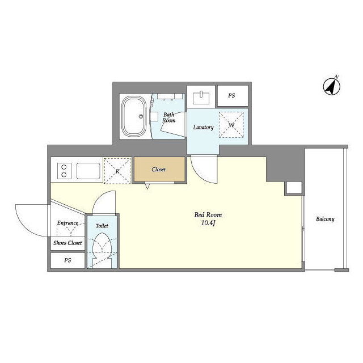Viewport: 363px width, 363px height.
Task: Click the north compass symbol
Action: pyautogui.click(x=331, y=86)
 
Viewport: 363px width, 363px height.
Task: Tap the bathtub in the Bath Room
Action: pyautogui.click(x=134, y=116)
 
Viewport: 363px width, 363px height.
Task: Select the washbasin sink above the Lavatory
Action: pyautogui.click(x=201, y=98)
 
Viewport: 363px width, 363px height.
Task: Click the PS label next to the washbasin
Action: pyautogui.click(x=231, y=95)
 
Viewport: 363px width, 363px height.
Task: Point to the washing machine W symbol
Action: pyautogui.click(x=231, y=125)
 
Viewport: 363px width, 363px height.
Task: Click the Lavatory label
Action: pyautogui.click(x=203, y=127)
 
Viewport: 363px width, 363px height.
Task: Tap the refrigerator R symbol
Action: pyautogui.click(x=117, y=171)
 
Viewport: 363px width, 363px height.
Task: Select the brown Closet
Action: pyautogui.click(x=159, y=169)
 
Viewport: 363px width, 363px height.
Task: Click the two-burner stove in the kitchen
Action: pyautogui.click(x=64, y=171)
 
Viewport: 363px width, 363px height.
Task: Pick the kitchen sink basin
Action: pyautogui.click(x=88, y=171)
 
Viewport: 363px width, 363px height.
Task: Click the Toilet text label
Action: pyautogui.click(x=102, y=226)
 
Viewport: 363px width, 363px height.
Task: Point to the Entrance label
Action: pyautogui.click(x=67, y=223)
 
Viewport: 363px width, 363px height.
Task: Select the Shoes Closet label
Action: pyautogui.click(x=67, y=243)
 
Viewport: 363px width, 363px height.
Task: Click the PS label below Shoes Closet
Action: pyautogui.click(x=67, y=260)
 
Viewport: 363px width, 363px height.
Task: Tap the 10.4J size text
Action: pyautogui.click(x=208, y=223)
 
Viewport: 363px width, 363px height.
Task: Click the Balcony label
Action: pyautogui.click(x=325, y=219)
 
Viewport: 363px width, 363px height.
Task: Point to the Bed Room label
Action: pyautogui.click(x=208, y=215)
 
